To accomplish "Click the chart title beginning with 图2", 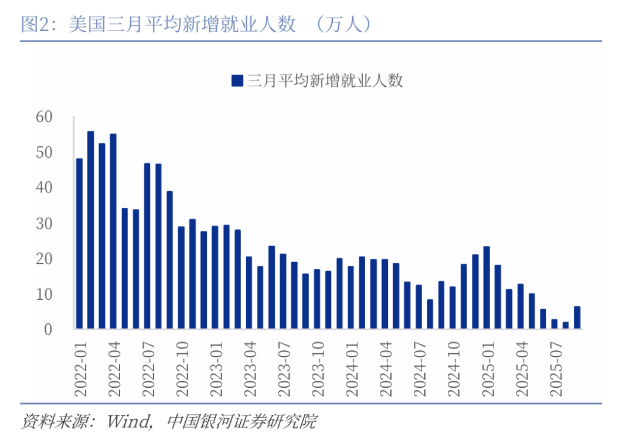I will tap(158, 24).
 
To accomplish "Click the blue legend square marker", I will tap(237, 80).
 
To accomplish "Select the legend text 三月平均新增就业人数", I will tap(325, 80).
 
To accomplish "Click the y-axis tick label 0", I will tap(49, 329).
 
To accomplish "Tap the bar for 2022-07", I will tap(147, 246).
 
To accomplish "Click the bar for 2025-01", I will tap(486, 287).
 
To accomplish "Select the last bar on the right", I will tap(577, 317).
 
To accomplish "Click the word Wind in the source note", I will tap(131, 421).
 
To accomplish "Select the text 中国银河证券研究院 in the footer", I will tap(241, 421).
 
